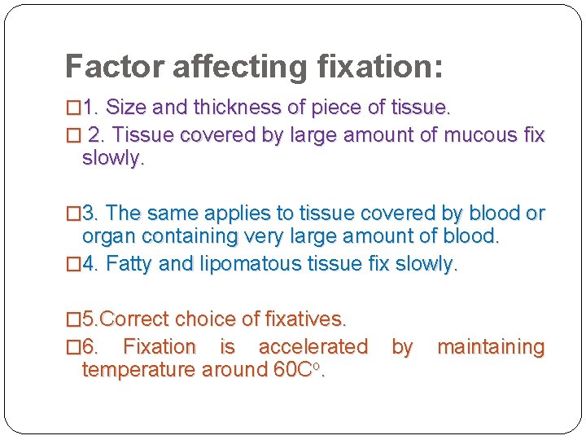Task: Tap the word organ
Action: [104, 237]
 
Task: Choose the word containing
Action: [183, 237]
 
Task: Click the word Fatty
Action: [129, 264]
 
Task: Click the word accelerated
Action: [313, 347]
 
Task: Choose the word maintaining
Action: [491, 347]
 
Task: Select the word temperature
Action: [138, 371]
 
